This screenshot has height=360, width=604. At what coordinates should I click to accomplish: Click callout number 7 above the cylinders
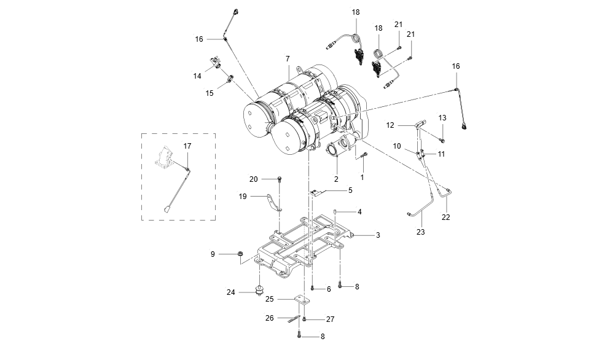tap(288, 59)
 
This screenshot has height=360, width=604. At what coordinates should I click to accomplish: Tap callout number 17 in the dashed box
tap(187, 146)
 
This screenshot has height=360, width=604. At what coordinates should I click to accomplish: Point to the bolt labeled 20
tap(280, 179)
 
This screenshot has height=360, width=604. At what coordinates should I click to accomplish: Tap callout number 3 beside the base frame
tap(378, 235)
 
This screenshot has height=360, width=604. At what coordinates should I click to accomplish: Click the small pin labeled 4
tap(335, 211)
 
